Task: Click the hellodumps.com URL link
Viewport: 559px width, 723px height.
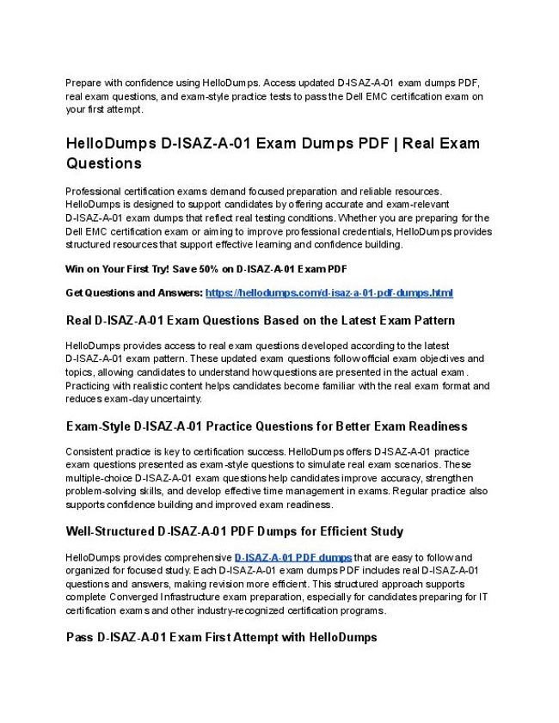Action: click(x=329, y=293)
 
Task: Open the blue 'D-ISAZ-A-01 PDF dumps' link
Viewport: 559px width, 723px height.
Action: click(x=292, y=558)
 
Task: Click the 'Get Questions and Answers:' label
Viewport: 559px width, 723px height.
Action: click(x=134, y=293)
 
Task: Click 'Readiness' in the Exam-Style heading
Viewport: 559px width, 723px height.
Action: click(x=436, y=426)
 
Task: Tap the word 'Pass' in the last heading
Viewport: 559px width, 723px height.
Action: click(x=80, y=638)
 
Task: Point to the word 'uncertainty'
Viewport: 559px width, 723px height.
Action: click(x=175, y=399)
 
